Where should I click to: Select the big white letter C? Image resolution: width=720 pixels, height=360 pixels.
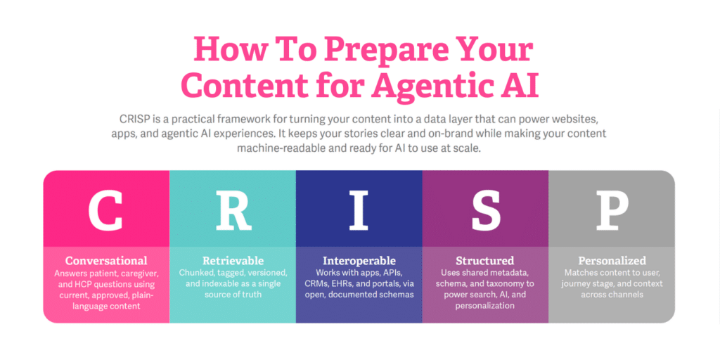tap(105, 210)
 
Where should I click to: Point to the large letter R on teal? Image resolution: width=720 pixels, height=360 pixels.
tap(233, 210)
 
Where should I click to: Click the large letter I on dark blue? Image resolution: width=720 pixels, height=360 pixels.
tap(359, 210)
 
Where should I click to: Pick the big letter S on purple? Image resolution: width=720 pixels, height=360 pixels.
tap(485, 210)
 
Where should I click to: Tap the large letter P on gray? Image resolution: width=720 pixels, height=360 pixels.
tap(612, 210)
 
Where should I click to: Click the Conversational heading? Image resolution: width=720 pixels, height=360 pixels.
tap(106, 261)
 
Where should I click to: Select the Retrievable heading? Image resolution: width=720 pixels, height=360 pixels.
tap(233, 261)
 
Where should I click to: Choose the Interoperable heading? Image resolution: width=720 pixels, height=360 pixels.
tap(359, 262)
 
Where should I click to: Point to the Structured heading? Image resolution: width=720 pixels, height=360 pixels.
tap(485, 261)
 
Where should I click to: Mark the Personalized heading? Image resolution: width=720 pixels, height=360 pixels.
tap(612, 261)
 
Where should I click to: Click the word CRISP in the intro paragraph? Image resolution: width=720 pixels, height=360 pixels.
tap(131, 120)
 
